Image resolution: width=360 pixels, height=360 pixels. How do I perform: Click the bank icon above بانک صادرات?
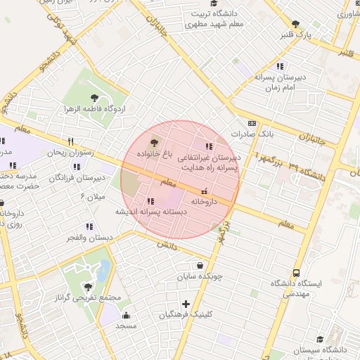point(252,122)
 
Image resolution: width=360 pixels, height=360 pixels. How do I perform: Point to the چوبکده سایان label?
point(200,276)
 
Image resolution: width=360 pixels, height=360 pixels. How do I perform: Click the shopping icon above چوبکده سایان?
point(201,266)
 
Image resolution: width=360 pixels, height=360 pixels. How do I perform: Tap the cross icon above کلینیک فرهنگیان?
point(186,304)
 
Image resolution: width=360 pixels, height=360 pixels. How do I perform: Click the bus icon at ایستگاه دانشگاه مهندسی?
point(296,273)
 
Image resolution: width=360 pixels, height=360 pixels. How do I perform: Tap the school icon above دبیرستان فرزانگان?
point(76,167)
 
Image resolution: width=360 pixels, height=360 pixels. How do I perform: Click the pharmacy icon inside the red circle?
point(204,191)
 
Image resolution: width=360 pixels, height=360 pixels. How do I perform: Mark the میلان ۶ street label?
point(91,195)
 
